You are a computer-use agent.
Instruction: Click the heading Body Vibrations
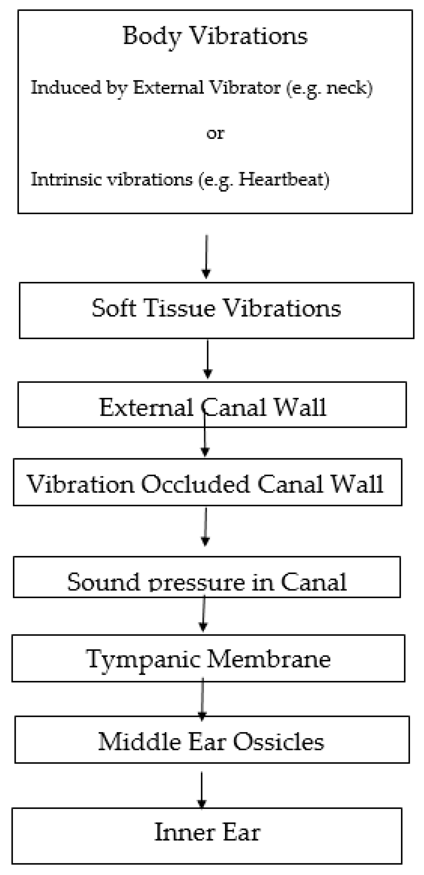(215, 35)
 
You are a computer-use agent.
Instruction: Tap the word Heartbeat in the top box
(284, 179)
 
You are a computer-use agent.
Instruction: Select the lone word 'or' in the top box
(215, 133)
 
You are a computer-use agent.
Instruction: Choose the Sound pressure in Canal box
(207, 582)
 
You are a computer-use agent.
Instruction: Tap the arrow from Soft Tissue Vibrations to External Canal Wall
(207, 359)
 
